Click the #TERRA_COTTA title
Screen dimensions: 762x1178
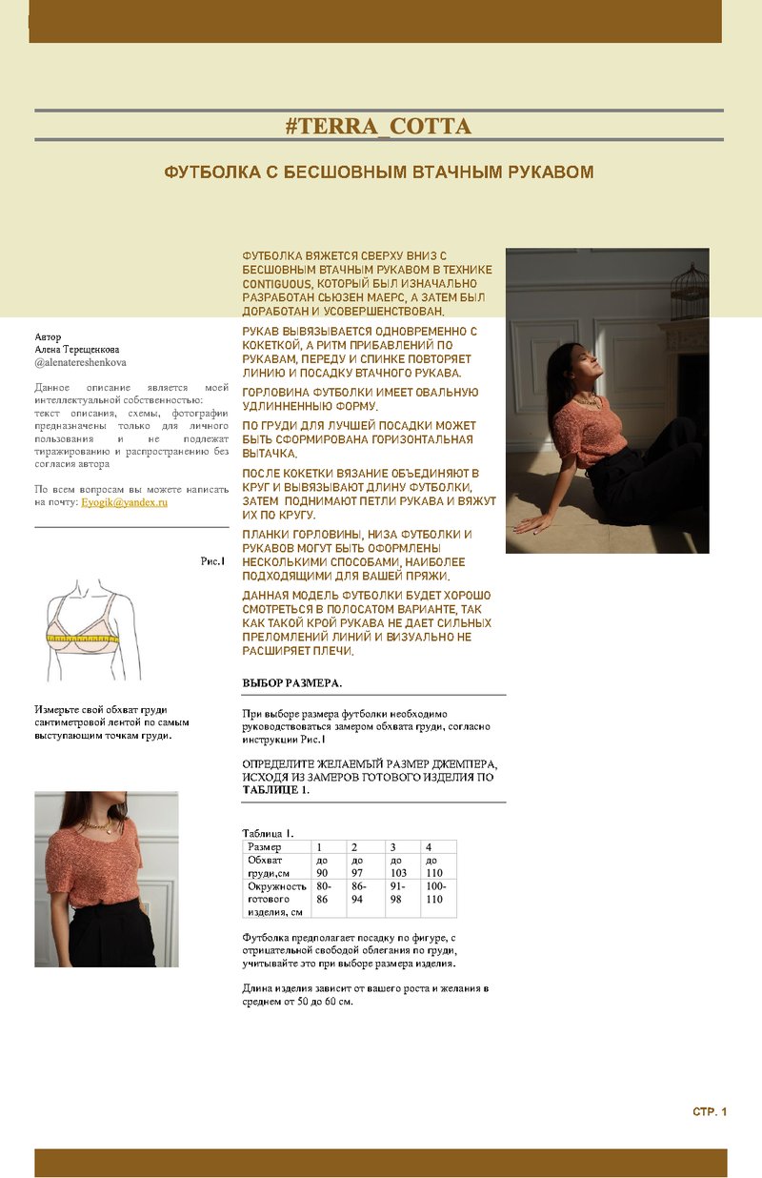378,126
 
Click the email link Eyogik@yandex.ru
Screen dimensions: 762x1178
124,502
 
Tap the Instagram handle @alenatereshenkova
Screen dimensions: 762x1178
80,362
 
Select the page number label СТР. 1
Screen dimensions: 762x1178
710,1111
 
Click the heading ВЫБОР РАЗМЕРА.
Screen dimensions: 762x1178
291,683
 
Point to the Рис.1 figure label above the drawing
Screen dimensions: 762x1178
212,561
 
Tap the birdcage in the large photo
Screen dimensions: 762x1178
689,292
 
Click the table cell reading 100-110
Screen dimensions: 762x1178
435,892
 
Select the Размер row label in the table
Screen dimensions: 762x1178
265,846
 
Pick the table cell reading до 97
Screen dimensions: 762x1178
357,866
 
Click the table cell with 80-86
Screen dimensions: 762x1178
323,892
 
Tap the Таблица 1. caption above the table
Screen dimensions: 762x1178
268,833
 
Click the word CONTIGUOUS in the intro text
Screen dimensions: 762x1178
277,284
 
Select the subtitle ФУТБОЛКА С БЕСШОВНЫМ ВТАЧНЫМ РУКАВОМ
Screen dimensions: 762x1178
379,172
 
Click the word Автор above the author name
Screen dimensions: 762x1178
48,336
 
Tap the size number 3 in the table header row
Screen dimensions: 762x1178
392,846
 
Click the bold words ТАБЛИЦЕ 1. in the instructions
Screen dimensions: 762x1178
276,790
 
